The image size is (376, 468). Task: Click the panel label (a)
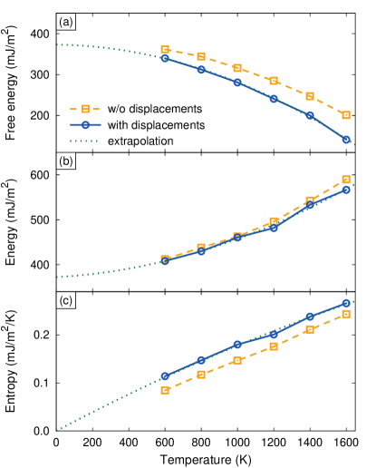point(65,21)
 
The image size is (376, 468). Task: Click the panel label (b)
point(65,161)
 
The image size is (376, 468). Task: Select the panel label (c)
point(65,300)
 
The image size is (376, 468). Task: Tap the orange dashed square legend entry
point(85,109)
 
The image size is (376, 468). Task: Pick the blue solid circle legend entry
point(85,125)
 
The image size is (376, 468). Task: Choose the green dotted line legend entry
point(85,141)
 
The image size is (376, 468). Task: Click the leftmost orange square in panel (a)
point(165,50)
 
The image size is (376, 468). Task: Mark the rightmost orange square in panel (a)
point(346,115)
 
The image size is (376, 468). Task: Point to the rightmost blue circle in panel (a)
point(346,140)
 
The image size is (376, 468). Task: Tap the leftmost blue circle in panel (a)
point(165,58)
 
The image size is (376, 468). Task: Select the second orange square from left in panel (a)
point(201,56)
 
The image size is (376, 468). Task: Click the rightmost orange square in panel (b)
point(346,180)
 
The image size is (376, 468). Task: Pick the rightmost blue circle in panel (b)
point(346,189)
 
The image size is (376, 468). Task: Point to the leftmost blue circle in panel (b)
point(165,260)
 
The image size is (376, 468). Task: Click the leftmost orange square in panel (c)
point(165,390)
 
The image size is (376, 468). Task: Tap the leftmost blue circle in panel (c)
point(165,375)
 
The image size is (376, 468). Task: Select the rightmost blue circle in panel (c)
point(346,303)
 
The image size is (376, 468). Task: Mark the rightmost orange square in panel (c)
point(346,314)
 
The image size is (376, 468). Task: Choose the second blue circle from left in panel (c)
point(201,360)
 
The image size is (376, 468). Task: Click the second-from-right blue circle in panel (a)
point(310,115)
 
